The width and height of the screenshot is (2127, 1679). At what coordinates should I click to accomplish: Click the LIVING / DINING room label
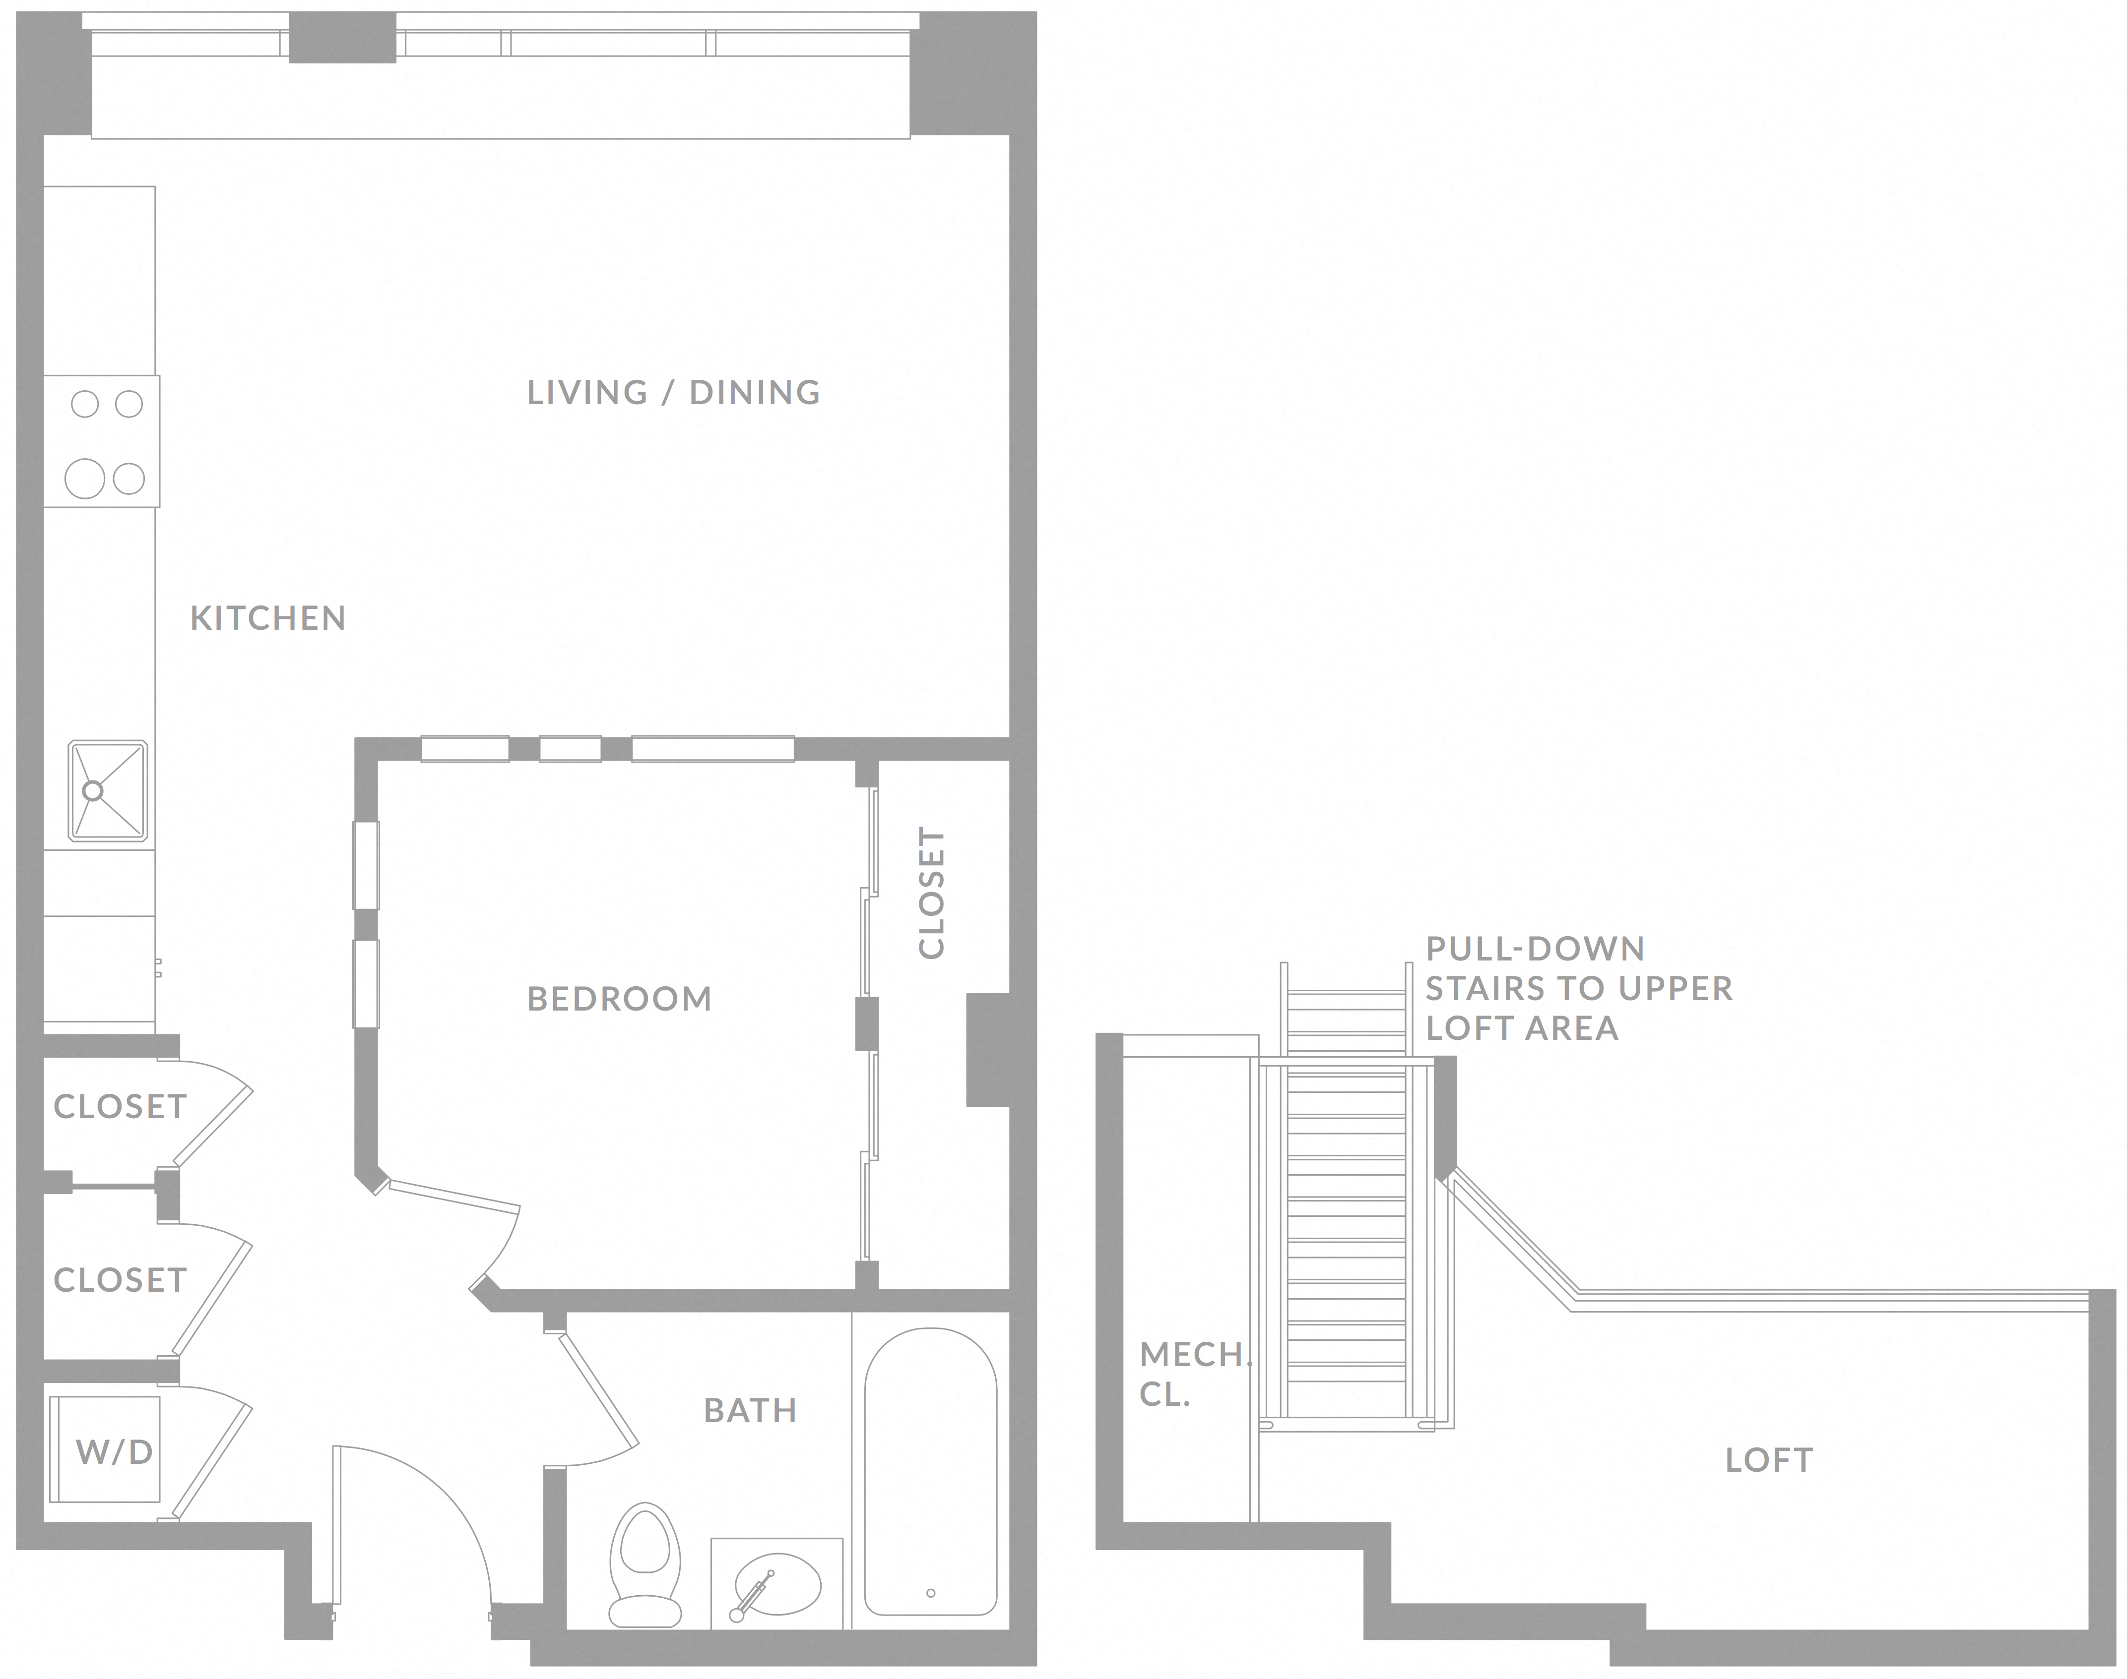point(674,392)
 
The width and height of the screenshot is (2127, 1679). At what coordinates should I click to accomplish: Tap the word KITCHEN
point(267,618)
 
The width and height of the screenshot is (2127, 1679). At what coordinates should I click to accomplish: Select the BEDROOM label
point(620,999)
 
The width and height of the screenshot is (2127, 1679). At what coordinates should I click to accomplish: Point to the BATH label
point(750,1411)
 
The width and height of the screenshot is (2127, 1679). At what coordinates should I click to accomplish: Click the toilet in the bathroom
point(645,1563)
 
